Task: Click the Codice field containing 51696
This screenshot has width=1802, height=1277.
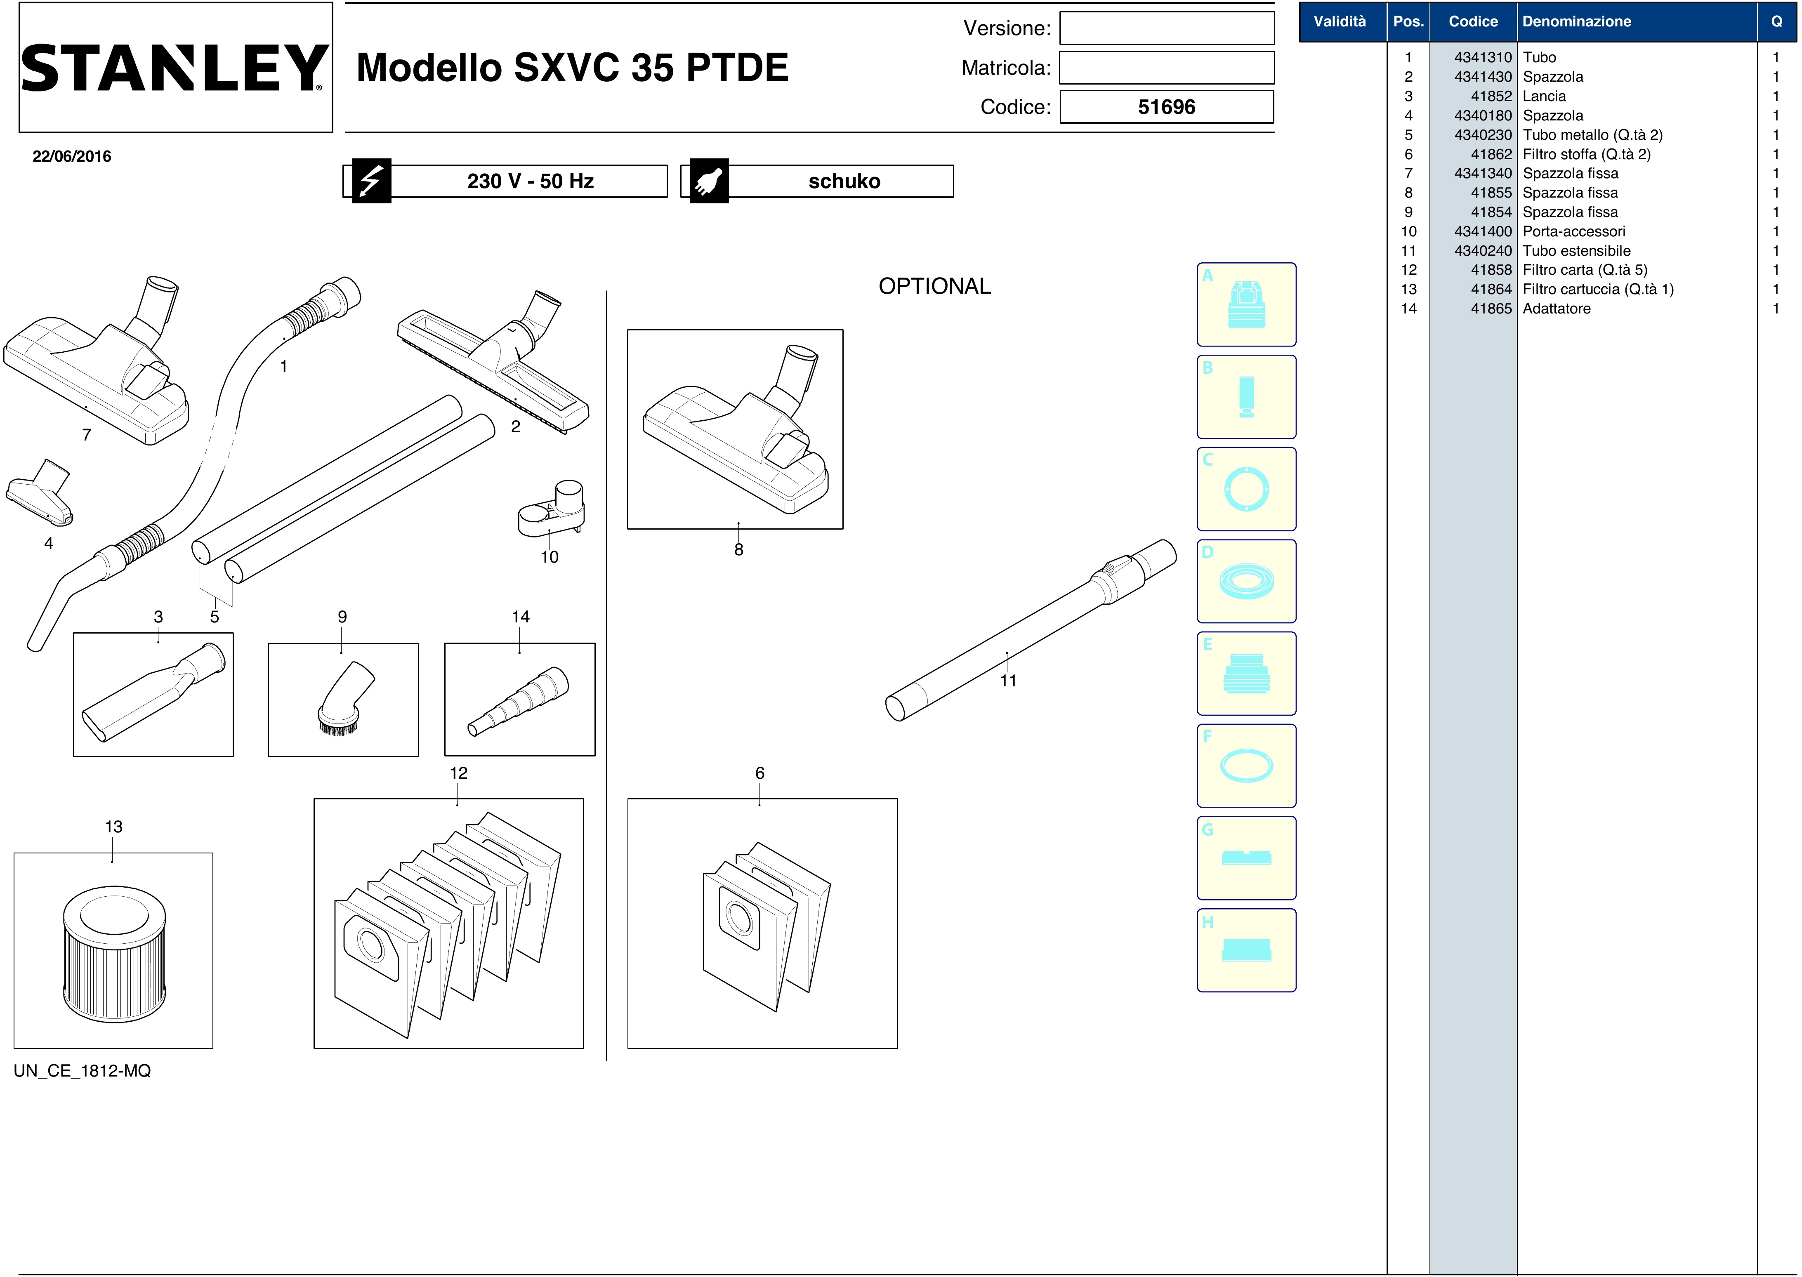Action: coord(1166,107)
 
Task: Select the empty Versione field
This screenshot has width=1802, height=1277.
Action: coord(1166,28)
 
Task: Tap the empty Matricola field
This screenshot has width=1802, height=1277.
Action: coord(1166,68)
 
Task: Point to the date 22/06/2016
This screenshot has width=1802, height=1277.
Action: coord(71,156)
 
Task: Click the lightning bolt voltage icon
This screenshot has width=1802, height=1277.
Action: coord(371,181)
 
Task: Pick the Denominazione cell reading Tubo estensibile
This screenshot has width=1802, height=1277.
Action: coord(1576,251)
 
